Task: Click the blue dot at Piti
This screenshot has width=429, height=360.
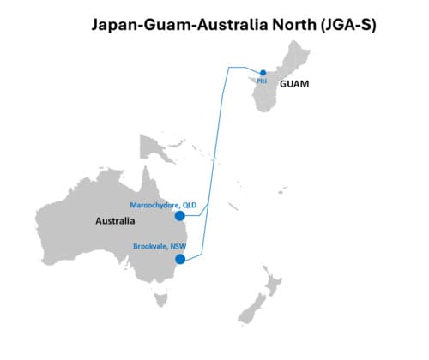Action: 263,73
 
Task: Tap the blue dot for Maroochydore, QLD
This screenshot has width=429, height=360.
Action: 179,216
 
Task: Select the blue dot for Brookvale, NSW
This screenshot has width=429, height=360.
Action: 180,259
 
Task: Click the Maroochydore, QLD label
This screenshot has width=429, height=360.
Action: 163,205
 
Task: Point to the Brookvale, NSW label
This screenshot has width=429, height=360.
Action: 160,246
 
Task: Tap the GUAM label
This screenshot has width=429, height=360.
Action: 294,84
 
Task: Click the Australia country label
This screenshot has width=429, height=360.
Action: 115,221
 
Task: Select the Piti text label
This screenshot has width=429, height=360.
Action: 262,81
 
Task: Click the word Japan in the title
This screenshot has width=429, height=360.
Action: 115,25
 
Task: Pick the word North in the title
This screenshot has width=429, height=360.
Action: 294,25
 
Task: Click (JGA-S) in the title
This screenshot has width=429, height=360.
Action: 348,25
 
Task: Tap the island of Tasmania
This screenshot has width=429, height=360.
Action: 160,299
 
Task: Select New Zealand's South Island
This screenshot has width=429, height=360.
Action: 251,309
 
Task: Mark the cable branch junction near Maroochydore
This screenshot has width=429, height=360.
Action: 208,204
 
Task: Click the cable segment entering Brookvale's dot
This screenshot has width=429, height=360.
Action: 194,256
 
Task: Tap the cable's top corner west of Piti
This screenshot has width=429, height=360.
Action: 229,68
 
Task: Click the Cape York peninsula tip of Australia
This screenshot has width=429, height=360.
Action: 147,166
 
